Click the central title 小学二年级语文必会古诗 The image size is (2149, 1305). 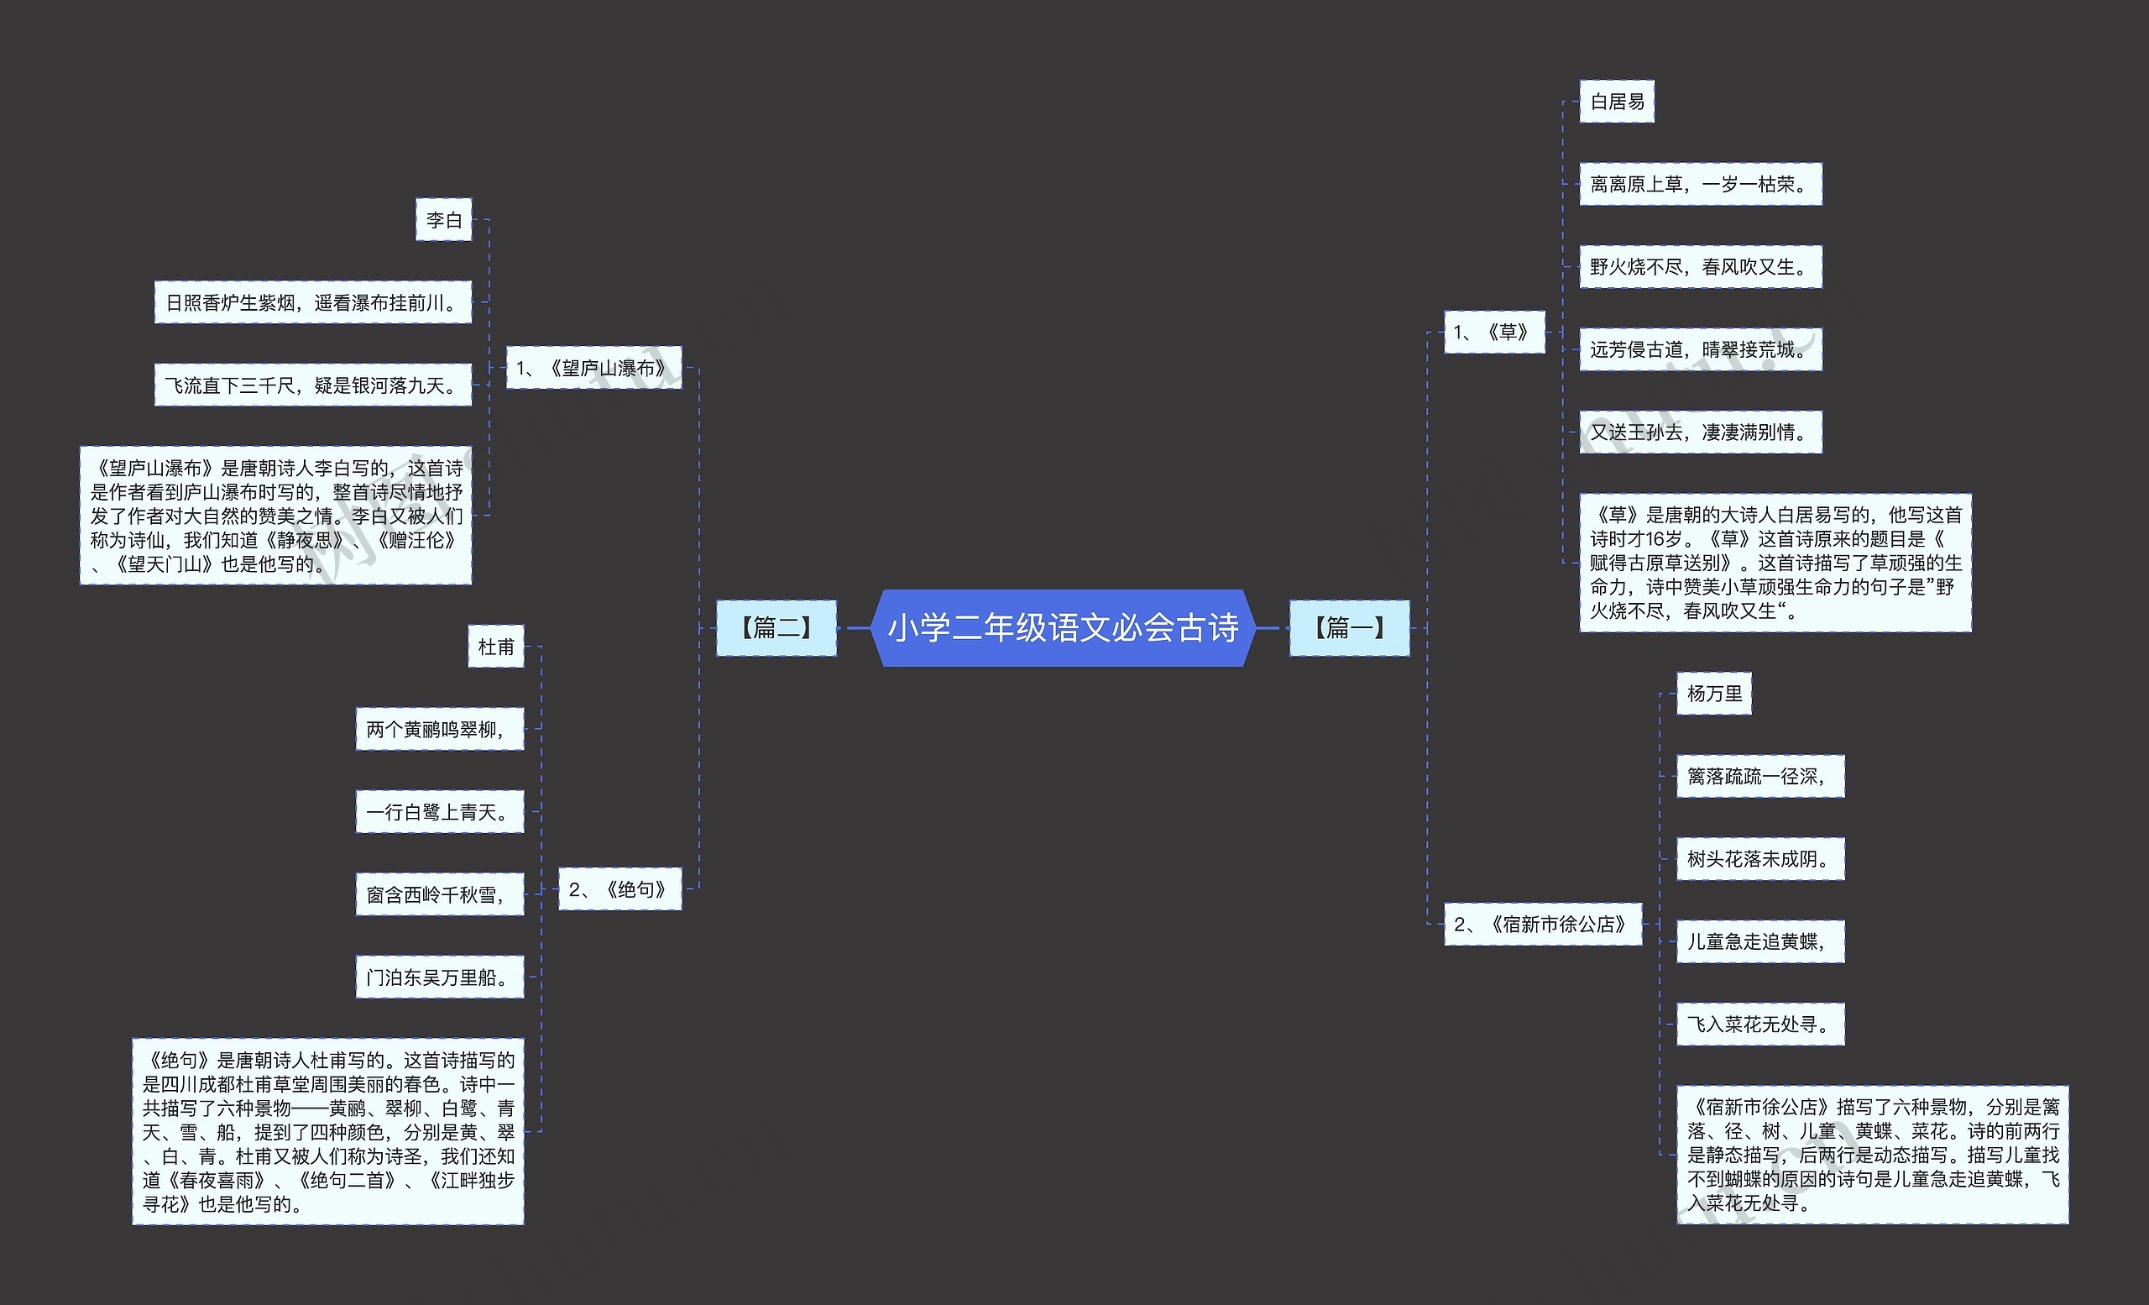pyautogui.click(x=1062, y=628)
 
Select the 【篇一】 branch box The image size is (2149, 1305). pyautogui.click(x=1348, y=628)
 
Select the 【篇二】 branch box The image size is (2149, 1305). pyautogui.click(x=776, y=628)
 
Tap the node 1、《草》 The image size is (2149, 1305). pyautogui.click(x=1493, y=333)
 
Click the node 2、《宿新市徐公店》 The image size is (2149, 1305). pyautogui.click(x=1541, y=925)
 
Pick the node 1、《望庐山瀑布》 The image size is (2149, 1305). pyautogui.click(x=593, y=368)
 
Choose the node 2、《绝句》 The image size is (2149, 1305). pyautogui.click(x=620, y=890)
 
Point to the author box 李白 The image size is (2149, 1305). pyautogui.click(x=443, y=220)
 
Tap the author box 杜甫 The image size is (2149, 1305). pyautogui.click(x=495, y=647)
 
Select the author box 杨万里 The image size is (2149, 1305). pyautogui.click(x=1713, y=694)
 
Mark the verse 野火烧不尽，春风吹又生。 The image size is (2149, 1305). pyautogui.click(x=1700, y=267)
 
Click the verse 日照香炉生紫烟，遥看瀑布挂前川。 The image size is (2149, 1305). pyautogui.click(x=312, y=302)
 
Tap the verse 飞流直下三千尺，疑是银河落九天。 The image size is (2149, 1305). pyautogui.click(x=312, y=385)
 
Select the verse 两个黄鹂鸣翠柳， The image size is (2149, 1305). pyautogui.click(x=439, y=729)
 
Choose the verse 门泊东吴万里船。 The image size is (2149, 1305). pyautogui.click(x=439, y=977)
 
